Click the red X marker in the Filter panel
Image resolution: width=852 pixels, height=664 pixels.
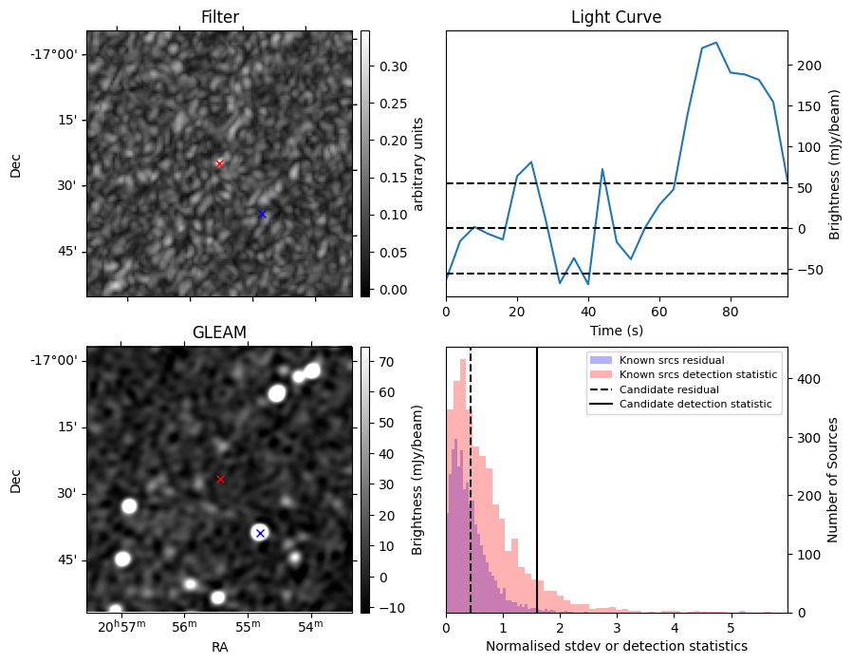219,163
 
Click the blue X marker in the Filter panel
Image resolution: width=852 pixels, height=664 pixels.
262,215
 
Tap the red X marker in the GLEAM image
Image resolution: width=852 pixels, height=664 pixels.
220,479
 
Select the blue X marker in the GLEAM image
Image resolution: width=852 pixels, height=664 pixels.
260,533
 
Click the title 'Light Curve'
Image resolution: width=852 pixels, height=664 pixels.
616,17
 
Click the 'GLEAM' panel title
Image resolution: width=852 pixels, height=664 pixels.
219,332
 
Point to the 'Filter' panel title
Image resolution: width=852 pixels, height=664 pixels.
219,17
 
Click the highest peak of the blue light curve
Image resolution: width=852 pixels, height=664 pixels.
716,43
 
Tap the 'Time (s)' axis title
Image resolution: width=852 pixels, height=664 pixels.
616,330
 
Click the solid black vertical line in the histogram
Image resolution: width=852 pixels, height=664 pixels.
537,481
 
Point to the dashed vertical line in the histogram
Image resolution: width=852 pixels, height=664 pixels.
471,481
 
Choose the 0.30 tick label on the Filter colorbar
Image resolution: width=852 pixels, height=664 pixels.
393,66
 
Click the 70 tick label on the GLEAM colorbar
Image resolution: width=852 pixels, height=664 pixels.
386,362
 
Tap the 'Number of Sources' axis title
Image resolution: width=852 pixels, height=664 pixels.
832,481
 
